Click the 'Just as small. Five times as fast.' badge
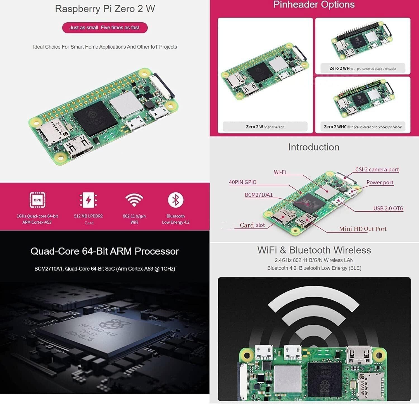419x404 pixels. [x=105, y=28]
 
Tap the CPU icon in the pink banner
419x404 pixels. [x=37, y=200]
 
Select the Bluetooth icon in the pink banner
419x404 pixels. [x=175, y=200]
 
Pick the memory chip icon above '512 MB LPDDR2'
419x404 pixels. [x=88, y=200]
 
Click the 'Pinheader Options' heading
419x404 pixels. [x=314, y=5]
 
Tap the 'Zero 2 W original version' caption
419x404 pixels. [x=265, y=127]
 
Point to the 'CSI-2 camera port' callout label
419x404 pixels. [x=377, y=169]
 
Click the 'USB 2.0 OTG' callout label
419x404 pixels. [x=388, y=208]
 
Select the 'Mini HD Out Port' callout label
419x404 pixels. [x=363, y=229]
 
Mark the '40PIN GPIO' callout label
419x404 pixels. [x=242, y=182]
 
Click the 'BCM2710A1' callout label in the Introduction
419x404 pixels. [x=259, y=195]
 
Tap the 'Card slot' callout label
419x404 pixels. [x=252, y=225]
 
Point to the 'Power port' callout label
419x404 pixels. [x=380, y=182]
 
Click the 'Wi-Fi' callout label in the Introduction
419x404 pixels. [x=280, y=172]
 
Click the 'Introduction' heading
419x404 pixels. [x=314, y=147]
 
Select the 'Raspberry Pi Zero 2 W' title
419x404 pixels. [x=105, y=9]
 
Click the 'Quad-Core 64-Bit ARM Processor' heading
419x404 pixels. [x=105, y=251]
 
